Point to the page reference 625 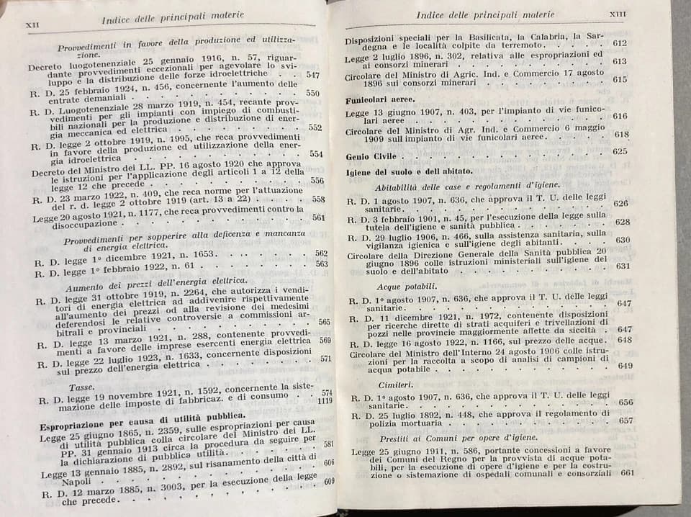click(620, 152)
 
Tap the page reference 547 click(312, 74)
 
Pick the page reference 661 click(626, 473)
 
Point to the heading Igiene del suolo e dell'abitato click(408, 171)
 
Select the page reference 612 click(619, 43)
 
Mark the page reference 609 click(329, 481)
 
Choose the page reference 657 click(625, 421)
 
